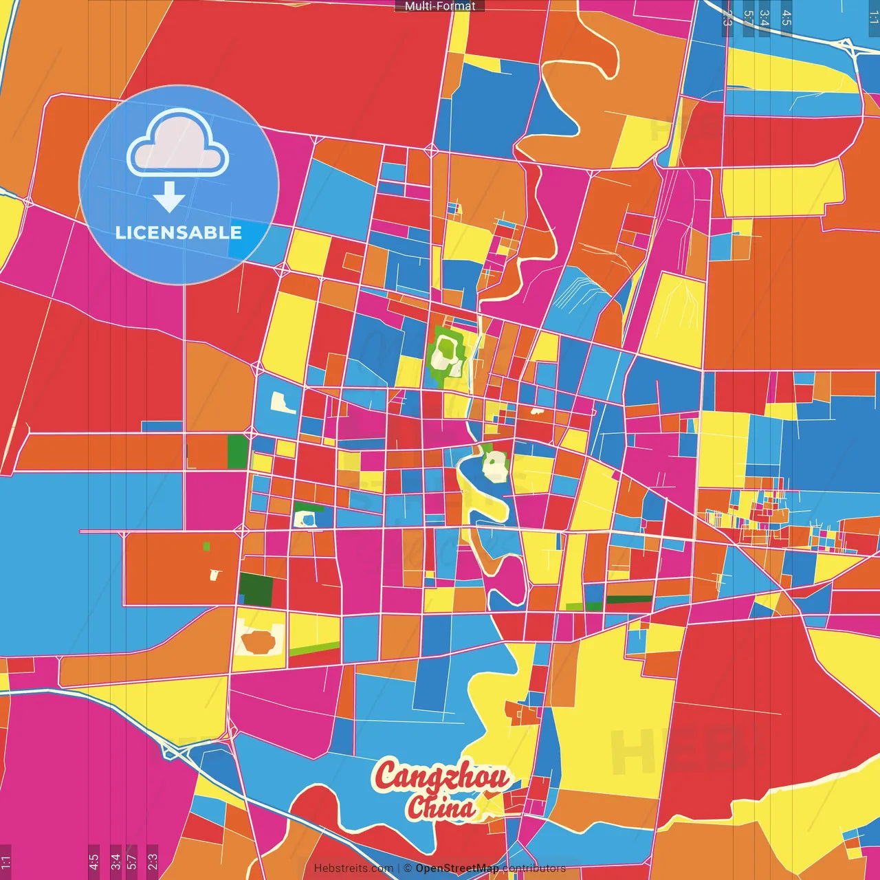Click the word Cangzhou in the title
(x=441, y=776)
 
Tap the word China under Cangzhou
(x=440, y=807)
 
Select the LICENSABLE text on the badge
(x=179, y=232)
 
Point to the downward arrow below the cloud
(x=169, y=198)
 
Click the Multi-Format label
(x=440, y=6)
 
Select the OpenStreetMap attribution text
(x=456, y=868)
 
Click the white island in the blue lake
(x=494, y=467)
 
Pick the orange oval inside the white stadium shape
(x=258, y=641)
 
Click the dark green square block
(x=256, y=589)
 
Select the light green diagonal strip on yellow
(x=314, y=648)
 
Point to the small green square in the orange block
(x=206, y=547)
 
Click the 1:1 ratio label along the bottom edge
(x=6, y=861)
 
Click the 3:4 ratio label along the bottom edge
(x=115, y=861)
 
